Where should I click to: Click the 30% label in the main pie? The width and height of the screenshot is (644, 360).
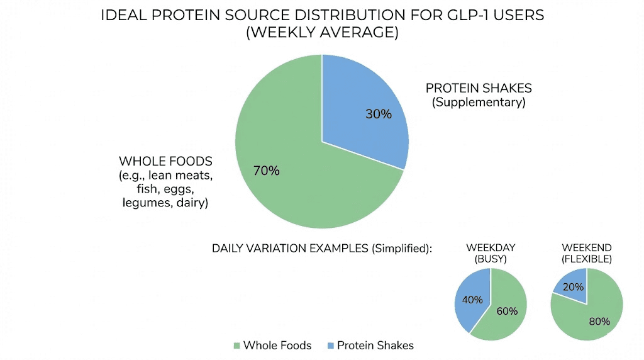click(379, 114)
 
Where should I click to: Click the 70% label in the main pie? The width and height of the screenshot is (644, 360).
click(266, 171)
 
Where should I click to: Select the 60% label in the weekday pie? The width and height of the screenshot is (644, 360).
click(507, 311)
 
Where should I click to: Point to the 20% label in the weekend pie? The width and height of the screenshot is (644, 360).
click(573, 287)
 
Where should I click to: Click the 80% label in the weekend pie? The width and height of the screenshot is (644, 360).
click(599, 321)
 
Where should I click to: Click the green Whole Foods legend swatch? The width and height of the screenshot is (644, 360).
click(236, 346)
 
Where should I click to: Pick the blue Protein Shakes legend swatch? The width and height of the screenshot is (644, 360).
click(330, 346)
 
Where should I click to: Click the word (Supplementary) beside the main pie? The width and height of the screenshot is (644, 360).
click(479, 102)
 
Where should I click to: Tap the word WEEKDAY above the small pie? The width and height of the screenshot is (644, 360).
click(491, 247)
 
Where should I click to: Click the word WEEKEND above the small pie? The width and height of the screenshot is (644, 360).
click(586, 247)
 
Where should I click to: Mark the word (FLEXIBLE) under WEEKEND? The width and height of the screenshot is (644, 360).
click(586, 259)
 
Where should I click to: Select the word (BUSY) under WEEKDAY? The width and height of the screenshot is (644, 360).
click(491, 259)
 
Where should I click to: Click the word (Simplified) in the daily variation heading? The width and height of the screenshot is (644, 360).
click(401, 248)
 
